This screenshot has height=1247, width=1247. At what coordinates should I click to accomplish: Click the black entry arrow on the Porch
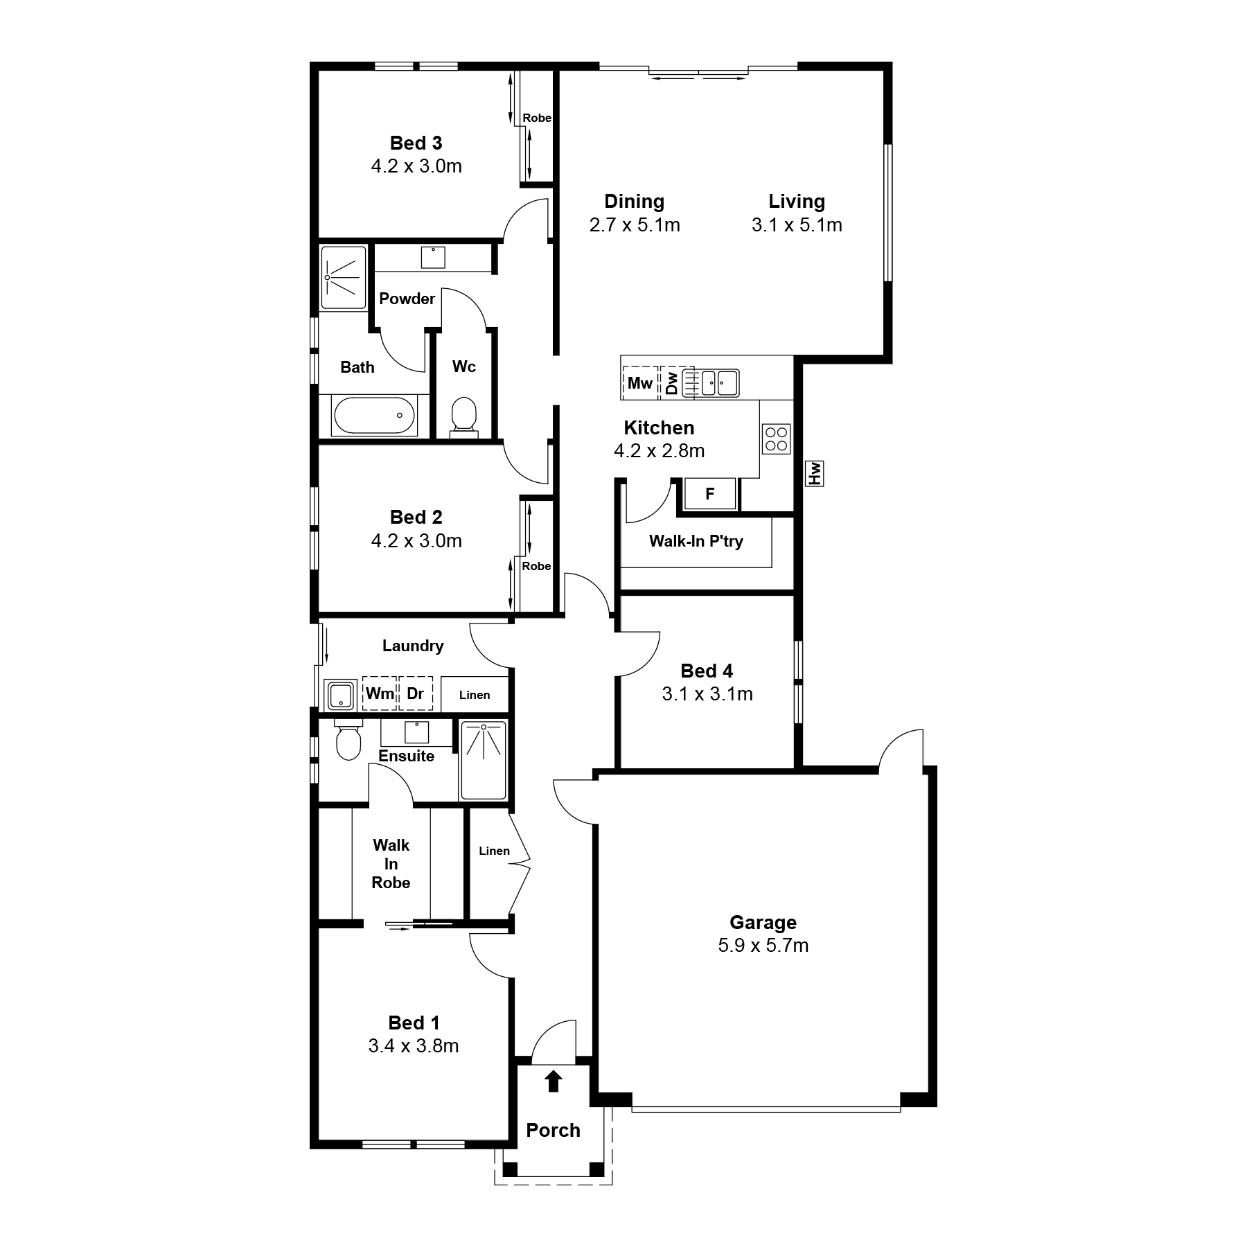coord(553,1081)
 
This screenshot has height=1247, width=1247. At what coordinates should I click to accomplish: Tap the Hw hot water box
coord(814,474)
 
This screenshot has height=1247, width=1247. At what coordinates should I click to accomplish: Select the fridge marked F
coord(709,494)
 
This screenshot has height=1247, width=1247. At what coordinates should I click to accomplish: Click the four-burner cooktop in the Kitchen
coord(776,439)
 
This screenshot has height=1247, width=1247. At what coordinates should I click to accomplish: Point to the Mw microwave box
coord(640,382)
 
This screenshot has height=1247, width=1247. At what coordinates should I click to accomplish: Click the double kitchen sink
coord(711,382)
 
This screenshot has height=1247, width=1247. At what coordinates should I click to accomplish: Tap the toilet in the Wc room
coord(463,417)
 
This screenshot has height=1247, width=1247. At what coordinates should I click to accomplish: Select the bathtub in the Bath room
coord(374,416)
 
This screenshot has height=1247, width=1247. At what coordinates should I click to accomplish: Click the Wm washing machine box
coord(380,693)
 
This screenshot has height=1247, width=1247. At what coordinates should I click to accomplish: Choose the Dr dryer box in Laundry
coord(416,693)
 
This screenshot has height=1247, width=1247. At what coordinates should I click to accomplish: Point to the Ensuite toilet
coord(348,739)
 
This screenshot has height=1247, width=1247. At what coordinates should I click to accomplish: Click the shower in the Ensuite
coord(483,761)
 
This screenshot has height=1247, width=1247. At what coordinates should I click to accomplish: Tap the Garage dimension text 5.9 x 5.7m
coord(763,946)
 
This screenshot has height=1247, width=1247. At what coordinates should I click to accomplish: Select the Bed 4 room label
coord(707,671)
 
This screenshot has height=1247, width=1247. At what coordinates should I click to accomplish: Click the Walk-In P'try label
coord(696,541)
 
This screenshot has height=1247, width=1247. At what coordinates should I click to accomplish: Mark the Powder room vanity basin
coord(434,257)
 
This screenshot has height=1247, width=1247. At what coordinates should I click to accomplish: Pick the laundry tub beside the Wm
coord(341,695)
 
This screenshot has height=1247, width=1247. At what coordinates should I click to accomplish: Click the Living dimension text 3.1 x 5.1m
coord(797,225)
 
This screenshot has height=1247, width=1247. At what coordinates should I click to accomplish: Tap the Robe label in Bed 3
coord(537,118)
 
